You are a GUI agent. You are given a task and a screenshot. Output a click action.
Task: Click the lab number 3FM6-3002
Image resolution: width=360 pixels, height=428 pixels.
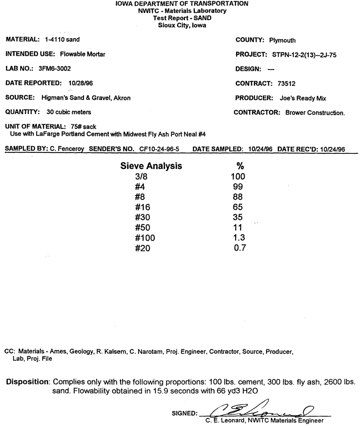55,69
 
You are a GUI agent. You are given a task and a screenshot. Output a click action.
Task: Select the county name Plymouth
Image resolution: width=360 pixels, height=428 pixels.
282,40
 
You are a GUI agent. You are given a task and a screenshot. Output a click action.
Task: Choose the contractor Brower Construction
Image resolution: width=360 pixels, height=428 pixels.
315,113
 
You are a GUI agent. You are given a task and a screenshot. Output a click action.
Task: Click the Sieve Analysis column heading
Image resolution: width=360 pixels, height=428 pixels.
151,166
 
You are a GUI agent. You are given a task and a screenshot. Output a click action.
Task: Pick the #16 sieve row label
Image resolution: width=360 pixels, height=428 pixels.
142,207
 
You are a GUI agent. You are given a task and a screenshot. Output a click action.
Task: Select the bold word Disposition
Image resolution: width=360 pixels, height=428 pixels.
27,381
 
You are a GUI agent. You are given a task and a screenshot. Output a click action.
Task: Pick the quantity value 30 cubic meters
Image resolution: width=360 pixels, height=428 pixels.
65,112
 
